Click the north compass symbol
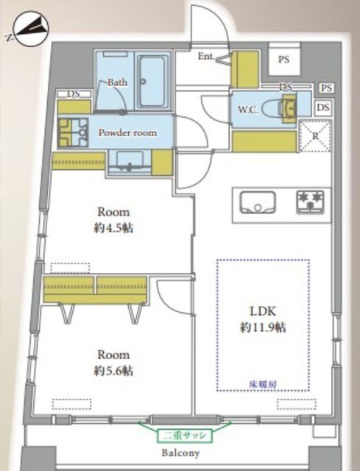tap(31, 29)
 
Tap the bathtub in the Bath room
tap(152, 81)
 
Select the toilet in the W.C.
tap(280, 108)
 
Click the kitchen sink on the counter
tap(257, 202)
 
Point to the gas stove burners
tap(310, 202)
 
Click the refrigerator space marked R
tap(315, 135)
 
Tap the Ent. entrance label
tap(206, 56)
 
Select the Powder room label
tap(127, 132)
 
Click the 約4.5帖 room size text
tap(113, 228)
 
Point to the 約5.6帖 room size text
tap(113, 371)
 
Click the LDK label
tap(263, 311)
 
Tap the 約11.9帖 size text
tap(263, 327)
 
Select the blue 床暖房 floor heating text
tap(263, 384)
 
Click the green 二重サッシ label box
tap(185, 435)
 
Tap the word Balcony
tap(180, 453)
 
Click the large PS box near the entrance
tap(284, 59)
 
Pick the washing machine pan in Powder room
tap(73, 132)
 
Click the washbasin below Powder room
tap(130, 162)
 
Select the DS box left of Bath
tap(74, 94)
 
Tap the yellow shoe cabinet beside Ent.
tap(244, 69)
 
